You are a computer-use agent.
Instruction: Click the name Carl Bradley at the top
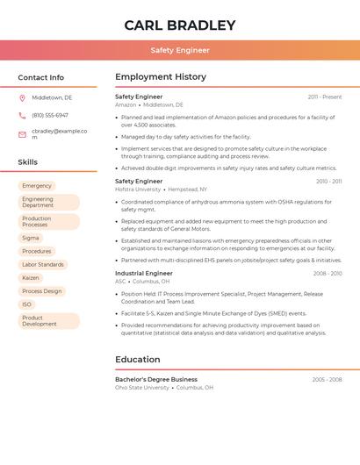click(180, 25)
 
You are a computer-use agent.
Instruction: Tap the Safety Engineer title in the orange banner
click(180, 51)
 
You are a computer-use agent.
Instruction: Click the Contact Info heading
click(41, 77)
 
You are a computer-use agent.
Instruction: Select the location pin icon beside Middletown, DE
click(22, 98)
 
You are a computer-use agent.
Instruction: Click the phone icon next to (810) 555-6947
click(22, 116)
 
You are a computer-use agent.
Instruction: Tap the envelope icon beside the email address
click(22, 134)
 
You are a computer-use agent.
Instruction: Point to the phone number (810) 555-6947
click(50, 116)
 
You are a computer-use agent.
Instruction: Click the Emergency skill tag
click(37, 186)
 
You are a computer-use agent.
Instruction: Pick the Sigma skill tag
click(31, 238)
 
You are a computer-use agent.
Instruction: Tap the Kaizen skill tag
click(31, 278)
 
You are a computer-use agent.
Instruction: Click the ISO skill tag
click(27, 304)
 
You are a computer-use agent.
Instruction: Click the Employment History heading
click(161, 77)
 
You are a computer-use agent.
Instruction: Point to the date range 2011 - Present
click(325, 97)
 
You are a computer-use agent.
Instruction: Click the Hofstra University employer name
click(138, 190)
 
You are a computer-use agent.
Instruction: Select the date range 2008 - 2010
click(327, 274)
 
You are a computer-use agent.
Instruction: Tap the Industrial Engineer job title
click(144, 274)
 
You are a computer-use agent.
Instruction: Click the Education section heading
click(138, 360)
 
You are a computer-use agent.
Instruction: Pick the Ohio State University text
click(142, 388)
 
